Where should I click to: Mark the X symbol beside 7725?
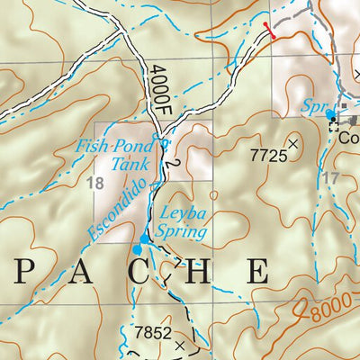tap(292, 142)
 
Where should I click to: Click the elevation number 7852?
tap(152, 333)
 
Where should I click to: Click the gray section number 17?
tap(330, 178)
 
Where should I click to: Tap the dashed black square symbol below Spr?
tap(336, 126)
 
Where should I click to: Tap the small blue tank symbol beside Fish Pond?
tap(163, 141)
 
